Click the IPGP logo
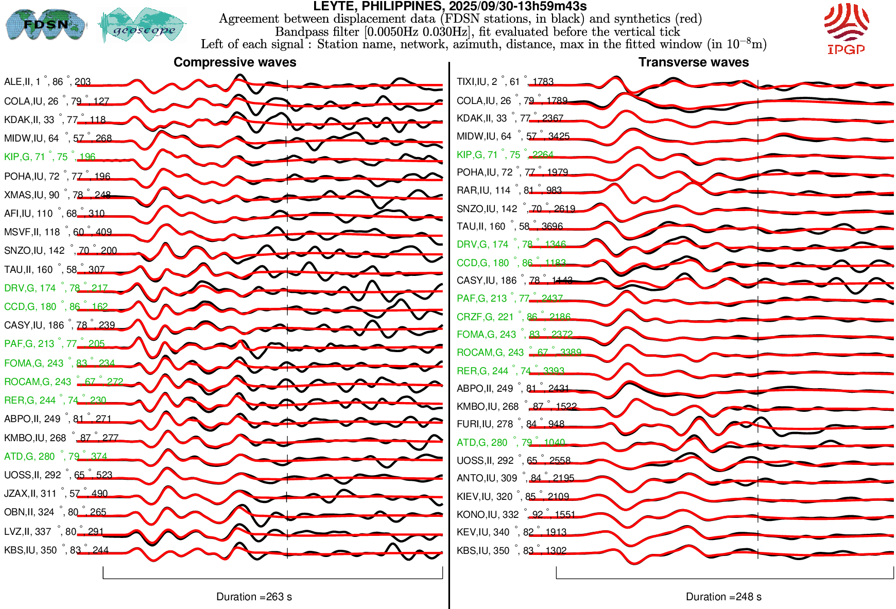tap(846, 29)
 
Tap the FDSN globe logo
tap(45, 24)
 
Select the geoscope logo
tap(143, 25)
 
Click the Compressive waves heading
tap(235, 62)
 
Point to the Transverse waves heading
tap(693, 62)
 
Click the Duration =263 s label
tap(254, 597)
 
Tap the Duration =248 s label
tap(723, 597)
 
